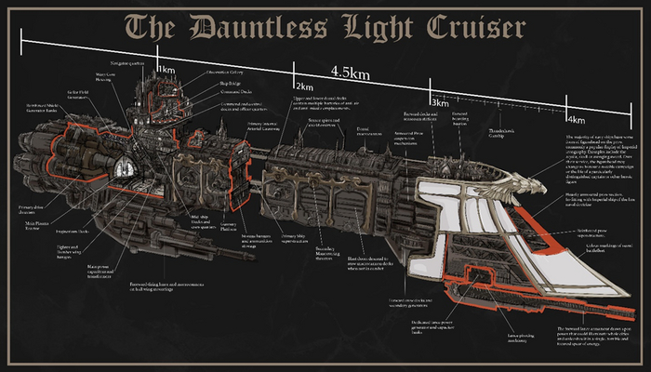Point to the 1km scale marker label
[x=166, y=70]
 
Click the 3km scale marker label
[x=440, y=101]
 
